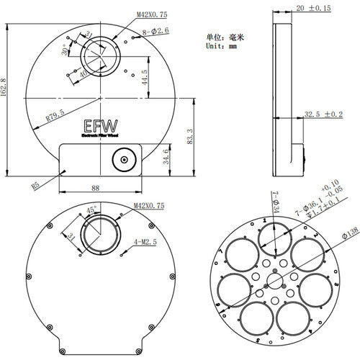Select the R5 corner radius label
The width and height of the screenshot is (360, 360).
[35, 184]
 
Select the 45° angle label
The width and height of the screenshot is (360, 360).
[92, 210]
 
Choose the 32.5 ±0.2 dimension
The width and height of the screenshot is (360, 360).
[323, 114]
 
